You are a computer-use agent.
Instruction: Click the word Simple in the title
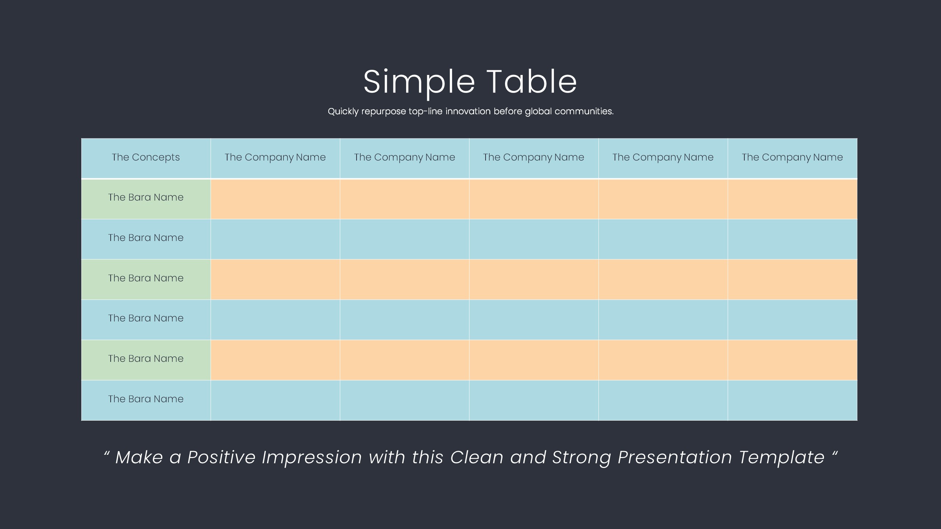tap(419, 83)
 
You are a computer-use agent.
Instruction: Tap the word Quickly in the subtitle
tap(343, 111)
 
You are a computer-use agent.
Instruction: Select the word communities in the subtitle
tap(584, 111)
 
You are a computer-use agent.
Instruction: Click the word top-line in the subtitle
tap(425, 111)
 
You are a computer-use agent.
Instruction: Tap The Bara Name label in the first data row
tap(146, 197)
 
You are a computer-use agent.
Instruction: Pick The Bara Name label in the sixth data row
tap(146, 399)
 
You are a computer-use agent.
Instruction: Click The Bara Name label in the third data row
tap(146, 278)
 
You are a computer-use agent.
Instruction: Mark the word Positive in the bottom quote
tap(221, 457)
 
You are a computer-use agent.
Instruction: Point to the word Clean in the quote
tap(477, 457)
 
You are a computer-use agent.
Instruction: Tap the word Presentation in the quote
tap(675, 457)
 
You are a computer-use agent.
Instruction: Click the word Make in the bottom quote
tap(139, 457)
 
